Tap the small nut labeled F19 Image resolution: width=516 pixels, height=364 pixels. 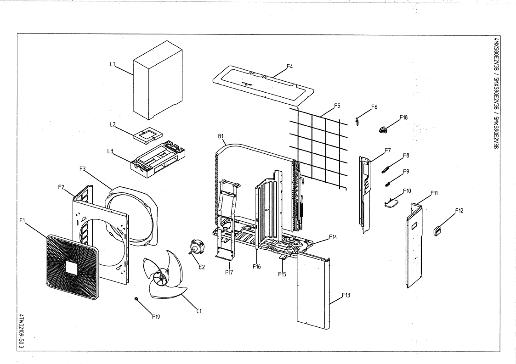coord(137,299)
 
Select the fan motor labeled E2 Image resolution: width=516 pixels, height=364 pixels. coord(197,248)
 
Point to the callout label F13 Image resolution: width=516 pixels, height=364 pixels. coord(347,296)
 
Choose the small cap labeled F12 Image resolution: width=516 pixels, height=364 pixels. coord(438,230)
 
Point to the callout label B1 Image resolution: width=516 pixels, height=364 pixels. coord(221,136)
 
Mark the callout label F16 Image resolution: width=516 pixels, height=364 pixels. coord(256,266)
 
